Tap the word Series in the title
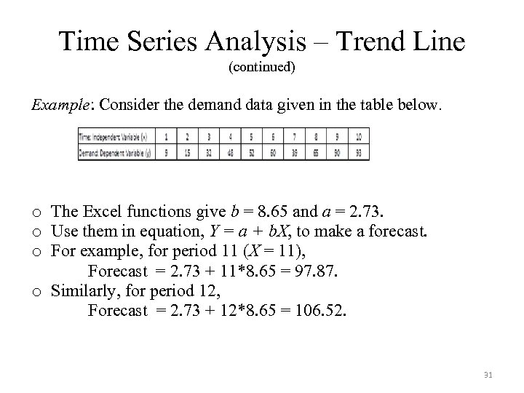point(157,41)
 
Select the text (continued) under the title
point(262,68)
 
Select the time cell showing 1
point(168,136)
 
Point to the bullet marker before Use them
point(36,233)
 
